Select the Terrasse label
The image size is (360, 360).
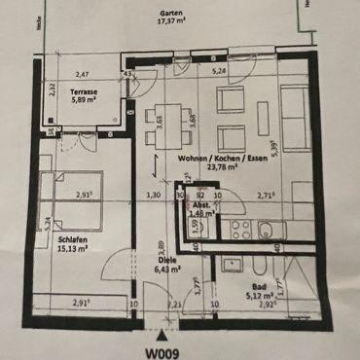point(82,88)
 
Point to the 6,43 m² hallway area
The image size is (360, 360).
point(167,270)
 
